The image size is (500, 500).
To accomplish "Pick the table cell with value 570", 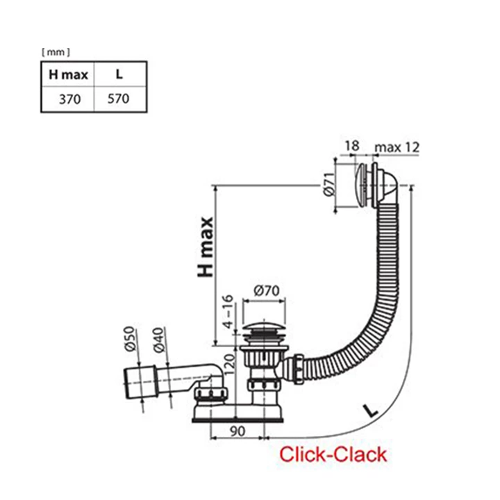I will coord(119,99).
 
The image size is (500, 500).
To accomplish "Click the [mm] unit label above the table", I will coord(56,51).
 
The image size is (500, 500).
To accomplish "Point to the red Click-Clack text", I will coord(333,456).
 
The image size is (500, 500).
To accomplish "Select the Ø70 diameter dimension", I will coord(262,290).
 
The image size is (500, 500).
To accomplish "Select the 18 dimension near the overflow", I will coord(351,147).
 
